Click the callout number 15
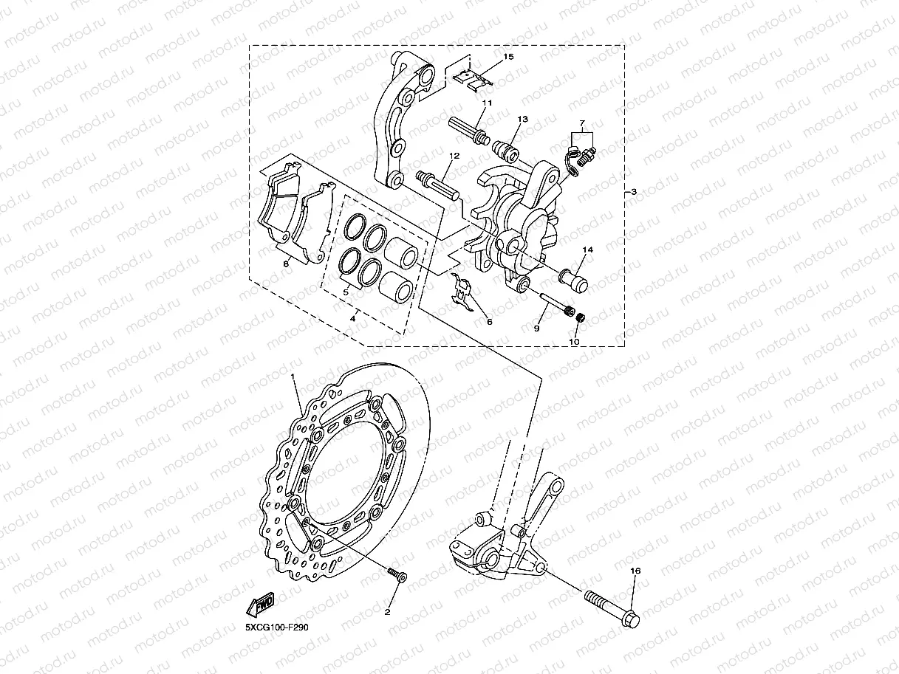tap(507, 57)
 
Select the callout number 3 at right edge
tap(632, 192)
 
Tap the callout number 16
tap(635, 571)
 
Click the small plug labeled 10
tap(581, 318)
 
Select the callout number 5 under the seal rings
tap(345, 292)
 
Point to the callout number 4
tap(353, 319)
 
